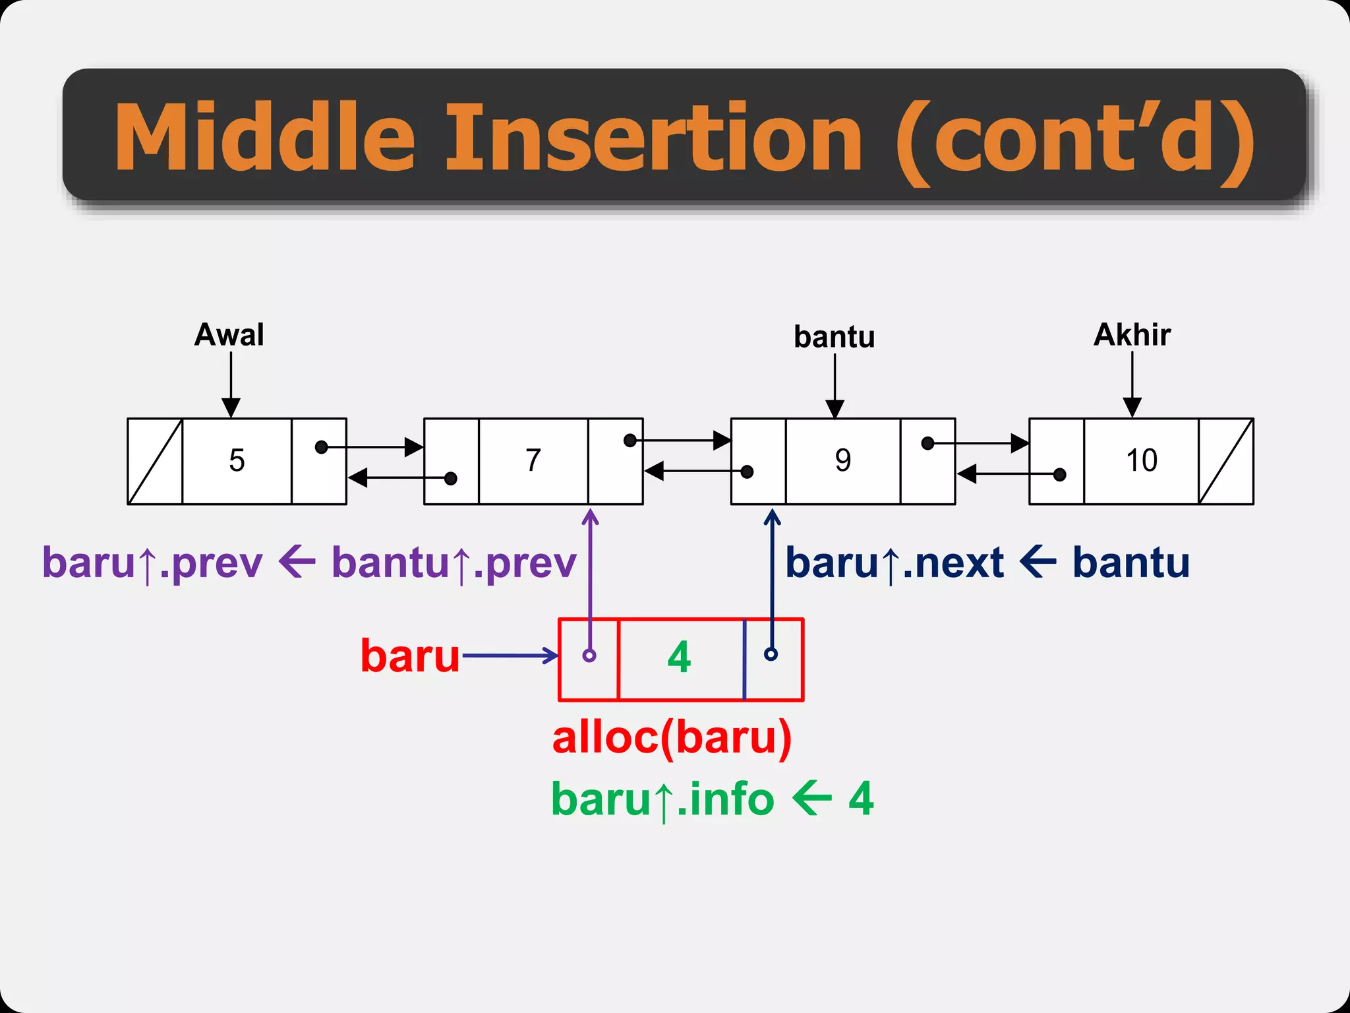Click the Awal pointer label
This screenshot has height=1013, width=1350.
point(229,335)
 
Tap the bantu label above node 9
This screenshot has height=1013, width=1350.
point(834,337)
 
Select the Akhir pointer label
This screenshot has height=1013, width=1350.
point(1132,335)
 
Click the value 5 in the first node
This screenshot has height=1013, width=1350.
point(237,460)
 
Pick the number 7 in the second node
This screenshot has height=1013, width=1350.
point(533,460)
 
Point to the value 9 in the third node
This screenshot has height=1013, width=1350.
point(842,460)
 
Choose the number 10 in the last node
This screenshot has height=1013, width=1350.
point(1141,460)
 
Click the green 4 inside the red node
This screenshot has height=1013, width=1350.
point(679,658)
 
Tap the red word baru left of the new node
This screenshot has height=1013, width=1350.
point(409,656)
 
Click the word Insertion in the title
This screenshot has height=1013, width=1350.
point(653,138)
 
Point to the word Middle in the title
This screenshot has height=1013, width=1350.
point(264,138)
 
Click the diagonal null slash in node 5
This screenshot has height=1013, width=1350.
point(155,461)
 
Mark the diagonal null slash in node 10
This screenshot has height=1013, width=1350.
point(1225,461)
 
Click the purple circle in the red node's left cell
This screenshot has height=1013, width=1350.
point(589,656)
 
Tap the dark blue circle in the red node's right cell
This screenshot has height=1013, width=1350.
point(771,654)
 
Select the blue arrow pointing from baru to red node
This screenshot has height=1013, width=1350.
point(511,656)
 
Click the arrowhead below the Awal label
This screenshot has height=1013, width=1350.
point(231,407)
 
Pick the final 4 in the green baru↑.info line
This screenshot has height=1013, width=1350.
point(861,799)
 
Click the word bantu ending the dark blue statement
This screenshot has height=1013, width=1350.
point(1131,563)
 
